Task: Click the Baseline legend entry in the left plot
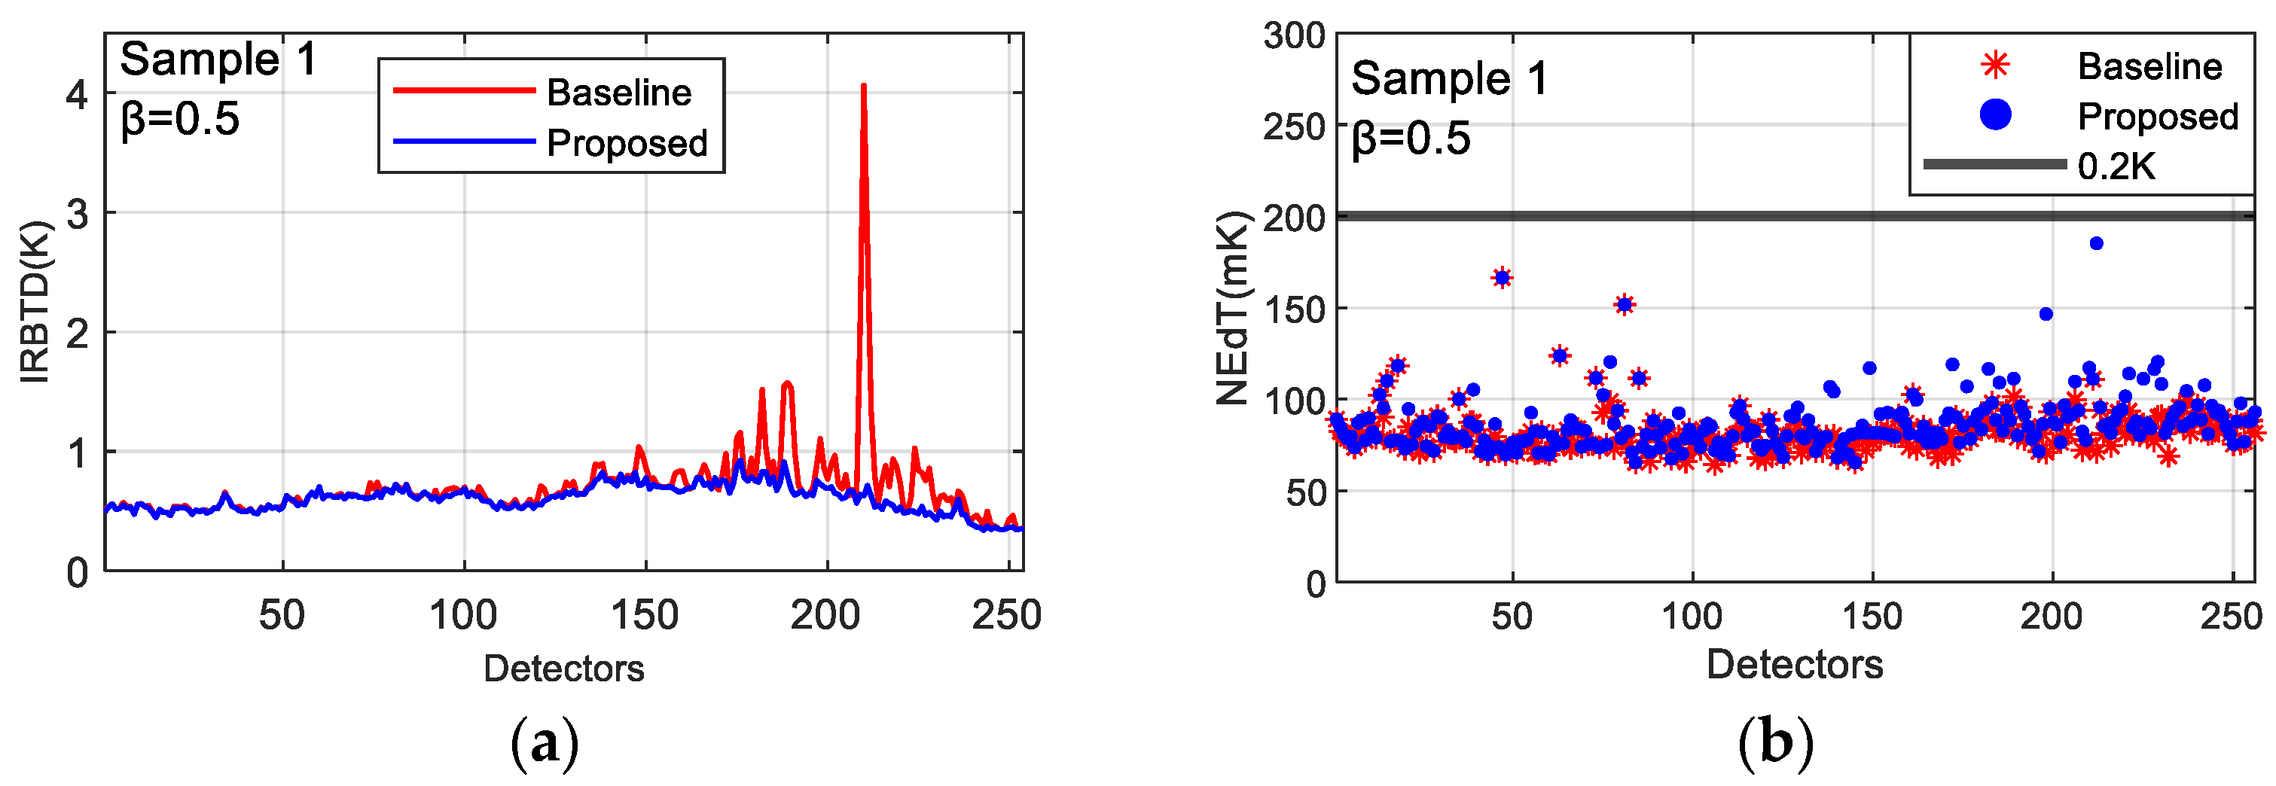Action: click(x=618, y=92)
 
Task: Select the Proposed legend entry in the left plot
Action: click(x=627, y=143)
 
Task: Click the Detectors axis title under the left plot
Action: click(x=563, y=669)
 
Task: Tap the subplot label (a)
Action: click(x=545, y=744)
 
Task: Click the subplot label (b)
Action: click(x=1776, y=744)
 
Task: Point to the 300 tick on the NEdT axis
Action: click(x=1295, y=36)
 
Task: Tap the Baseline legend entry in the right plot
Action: click(x=2149, y=66)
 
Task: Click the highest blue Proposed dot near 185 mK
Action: click(x=2096, y=244)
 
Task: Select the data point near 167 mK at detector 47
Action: click(x=1502, y=279)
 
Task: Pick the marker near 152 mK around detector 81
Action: click(x=1624, y=305)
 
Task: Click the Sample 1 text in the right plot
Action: click(x=1449, y=78)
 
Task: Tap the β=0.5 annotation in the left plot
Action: click(x=180, y=119)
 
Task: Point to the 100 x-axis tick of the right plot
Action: click(x=1692, y=616)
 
